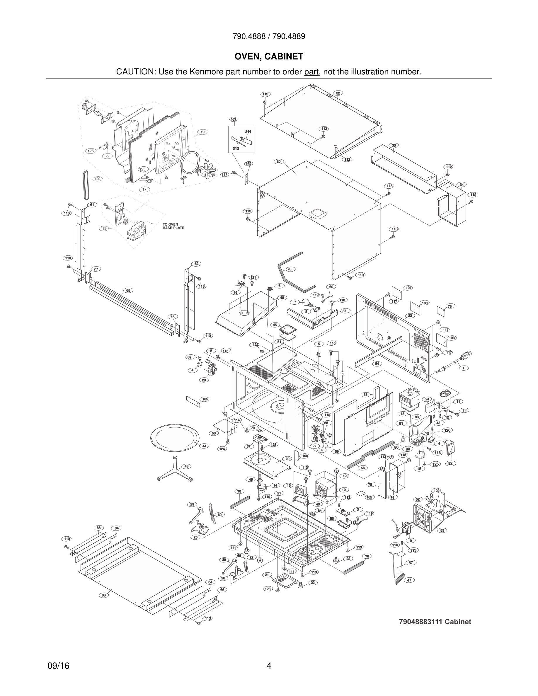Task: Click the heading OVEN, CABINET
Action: pyautogui.click(x=269, y=57)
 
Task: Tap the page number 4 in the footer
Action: pyautogui.click(x=269, y=666)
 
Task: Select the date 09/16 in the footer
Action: pyautogui.click(x=58, y=666)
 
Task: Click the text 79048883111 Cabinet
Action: pyautogui.click(x=435, y=621)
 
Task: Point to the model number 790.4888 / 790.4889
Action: pyautogui.click(x=269, y=36)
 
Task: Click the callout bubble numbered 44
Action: pyautogui.click(x=204, y=446)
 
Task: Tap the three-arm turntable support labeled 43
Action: pyautogui.click(x=175, y=469)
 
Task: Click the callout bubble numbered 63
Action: pyautogui.click(x=103, y=595)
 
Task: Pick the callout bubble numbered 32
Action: pyautogui.click(x=338, y=93)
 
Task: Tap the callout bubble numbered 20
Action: pyautogui.click(x=278, y=162)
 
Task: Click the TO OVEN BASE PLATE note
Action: pyautogui.click(x=173, y=226)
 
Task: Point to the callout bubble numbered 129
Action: pyautogui.click(x=97, y=179)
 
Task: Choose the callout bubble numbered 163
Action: pyautogui.click(x=233, y=119)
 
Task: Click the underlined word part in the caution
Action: pyautogui.click(x=311, y=72)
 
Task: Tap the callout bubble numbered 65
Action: pyautogui.click(x=128, y=290)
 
